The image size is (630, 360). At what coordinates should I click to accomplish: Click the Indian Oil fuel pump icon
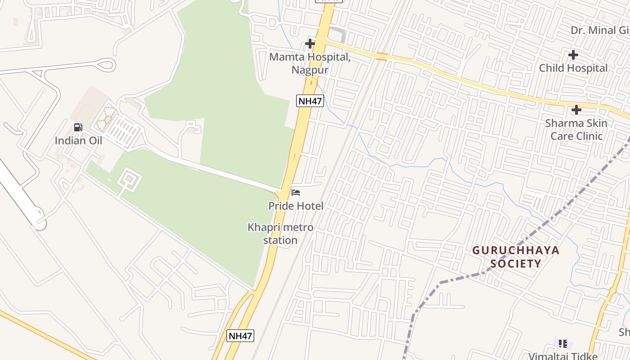click(x=78, y=127)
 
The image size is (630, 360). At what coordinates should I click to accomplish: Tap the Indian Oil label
click(x=78, y=140)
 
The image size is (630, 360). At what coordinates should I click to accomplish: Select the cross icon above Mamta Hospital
click(x=310, y=44)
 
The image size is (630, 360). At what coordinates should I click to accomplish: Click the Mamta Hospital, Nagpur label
click(x=310, y=63)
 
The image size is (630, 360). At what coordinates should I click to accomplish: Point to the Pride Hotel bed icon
click(x=296, y=193)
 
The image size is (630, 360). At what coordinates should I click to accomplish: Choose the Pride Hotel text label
click(x=296, y=206)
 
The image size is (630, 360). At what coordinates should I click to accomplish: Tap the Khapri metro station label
click(x=280, y=234)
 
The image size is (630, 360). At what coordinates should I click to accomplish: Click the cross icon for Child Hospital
click(x=573, y=55)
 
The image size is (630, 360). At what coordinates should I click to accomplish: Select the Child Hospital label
click(x=573, y=68)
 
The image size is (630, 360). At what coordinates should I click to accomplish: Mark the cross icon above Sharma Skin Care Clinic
click(x=576, y=110)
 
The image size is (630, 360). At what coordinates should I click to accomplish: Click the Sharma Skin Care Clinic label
click(x=576, y=130)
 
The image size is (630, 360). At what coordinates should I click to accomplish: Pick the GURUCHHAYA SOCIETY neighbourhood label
click(x=516, y=257)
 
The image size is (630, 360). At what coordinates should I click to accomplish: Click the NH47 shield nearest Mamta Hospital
click(x=310, y=101)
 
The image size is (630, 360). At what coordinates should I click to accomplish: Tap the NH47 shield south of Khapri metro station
click(x=240, y=336)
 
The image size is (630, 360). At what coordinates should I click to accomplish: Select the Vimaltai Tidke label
click(x=563, y=356)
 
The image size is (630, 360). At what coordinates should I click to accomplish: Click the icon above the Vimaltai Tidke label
click(x=562, y=344)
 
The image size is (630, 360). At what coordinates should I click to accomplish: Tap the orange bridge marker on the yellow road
click(x=382, y=56)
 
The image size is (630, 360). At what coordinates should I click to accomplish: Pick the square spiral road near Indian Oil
click(x=129, y=180)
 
